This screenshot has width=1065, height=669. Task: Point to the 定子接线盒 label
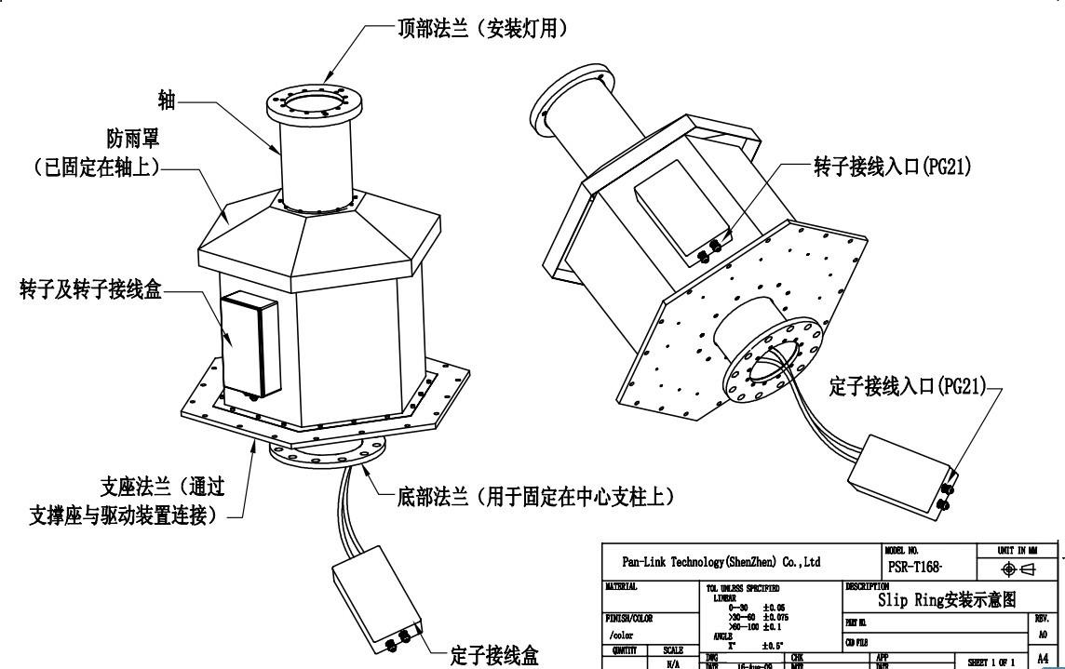[x=493, y=653]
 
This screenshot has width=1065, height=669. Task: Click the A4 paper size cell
[x=1047, y=658]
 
